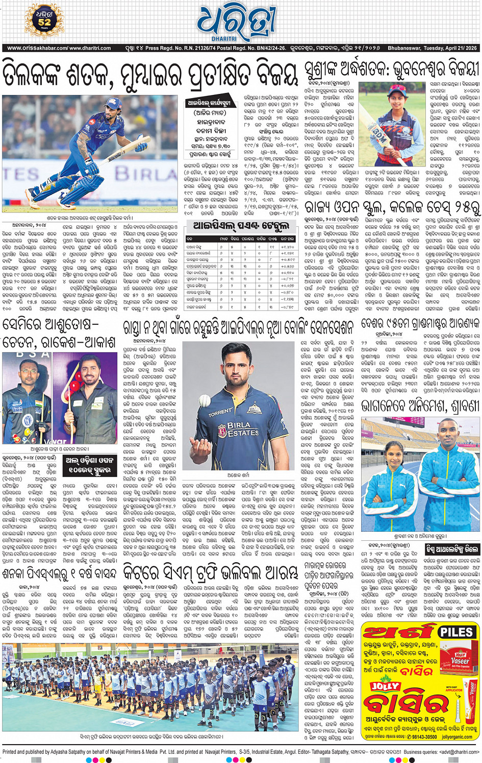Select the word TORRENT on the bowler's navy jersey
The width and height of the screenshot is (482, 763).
click(x=220, y=412)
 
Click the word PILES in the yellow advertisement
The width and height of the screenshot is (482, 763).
click(x=456, y=632)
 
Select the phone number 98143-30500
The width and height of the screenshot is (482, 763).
click(x=424, y=737)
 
